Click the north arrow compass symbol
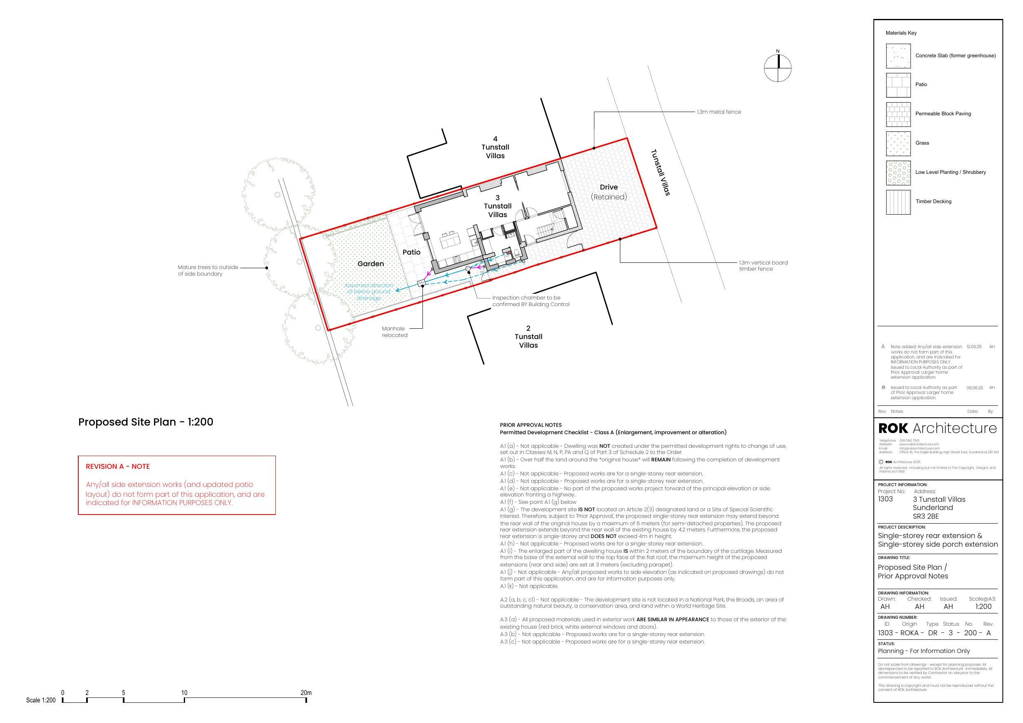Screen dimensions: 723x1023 (777, 68)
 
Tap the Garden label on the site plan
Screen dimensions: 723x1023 (370, 264)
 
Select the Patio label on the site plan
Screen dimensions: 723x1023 (411, 252)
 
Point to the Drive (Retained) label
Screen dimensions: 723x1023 (609, 192)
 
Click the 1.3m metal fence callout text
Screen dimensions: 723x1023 (719, 112)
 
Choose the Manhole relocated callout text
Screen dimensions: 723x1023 (394, 332)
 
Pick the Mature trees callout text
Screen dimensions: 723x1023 (208, 270)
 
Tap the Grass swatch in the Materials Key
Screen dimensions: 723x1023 (898, 143)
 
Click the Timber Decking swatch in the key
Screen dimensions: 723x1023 (898, 202)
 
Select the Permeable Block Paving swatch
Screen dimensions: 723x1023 (898, 114)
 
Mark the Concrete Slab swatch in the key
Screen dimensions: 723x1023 (898, 56)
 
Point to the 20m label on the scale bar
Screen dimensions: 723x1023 (306, 693)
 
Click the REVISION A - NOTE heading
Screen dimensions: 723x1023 (117, 466)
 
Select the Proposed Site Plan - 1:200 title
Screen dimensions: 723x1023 (145, 422)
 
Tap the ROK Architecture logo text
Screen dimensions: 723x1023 (937, 428)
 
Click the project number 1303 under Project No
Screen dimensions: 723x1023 (885, 499)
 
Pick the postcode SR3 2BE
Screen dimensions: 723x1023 (925, 516)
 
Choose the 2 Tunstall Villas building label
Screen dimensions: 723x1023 (528, 337)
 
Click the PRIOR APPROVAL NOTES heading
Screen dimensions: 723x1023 (530, 425)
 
